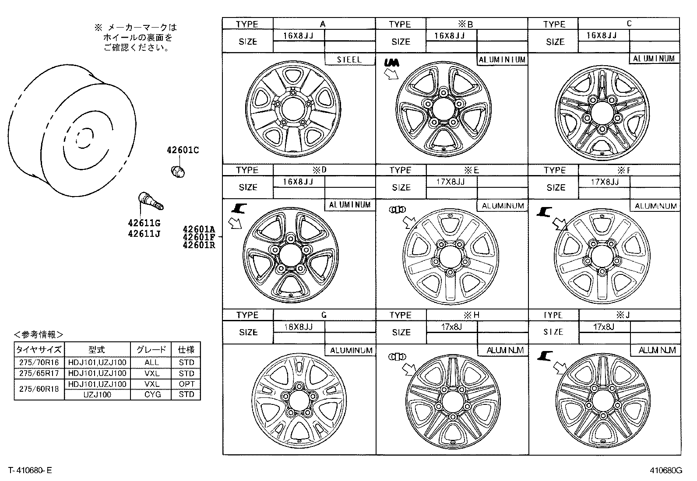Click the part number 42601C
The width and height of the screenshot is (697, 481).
(x=183, y=150)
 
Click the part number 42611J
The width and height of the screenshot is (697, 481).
(x=144, y=234)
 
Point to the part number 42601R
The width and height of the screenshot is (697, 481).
(x=199, y=245)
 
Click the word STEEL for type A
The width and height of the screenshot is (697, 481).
(x=349, y=59)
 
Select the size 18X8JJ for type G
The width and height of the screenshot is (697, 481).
(x=298, y=327)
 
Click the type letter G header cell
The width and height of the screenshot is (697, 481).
(x=324, y=315)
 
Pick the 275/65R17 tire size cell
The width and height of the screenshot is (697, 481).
(x=39, y=373)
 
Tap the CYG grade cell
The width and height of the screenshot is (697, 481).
(x=152, y=395)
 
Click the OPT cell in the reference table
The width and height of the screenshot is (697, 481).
(x=187, y=384)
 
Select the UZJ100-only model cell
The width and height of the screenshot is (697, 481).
(x=97, y=395)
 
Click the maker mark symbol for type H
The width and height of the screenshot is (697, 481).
(x=397, y=356)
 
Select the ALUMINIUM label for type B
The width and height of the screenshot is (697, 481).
(x=502, y=60)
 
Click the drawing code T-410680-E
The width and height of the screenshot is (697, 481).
(x=30, y=470)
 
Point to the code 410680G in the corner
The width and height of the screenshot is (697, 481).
(x=666, y=471)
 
